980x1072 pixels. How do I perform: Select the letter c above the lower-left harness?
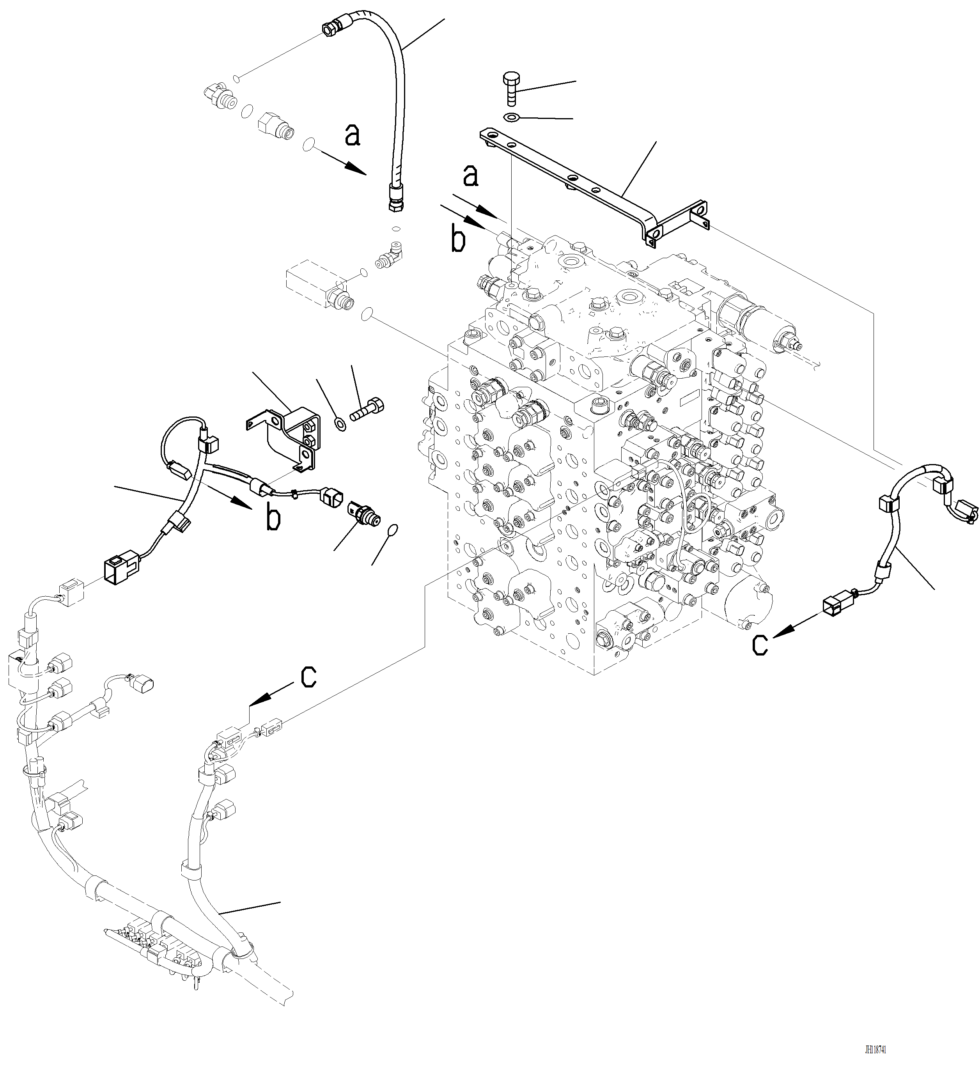pos(308,677)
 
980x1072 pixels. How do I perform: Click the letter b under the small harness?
pos(273,519)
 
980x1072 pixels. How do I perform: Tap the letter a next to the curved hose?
pos(352,135)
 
